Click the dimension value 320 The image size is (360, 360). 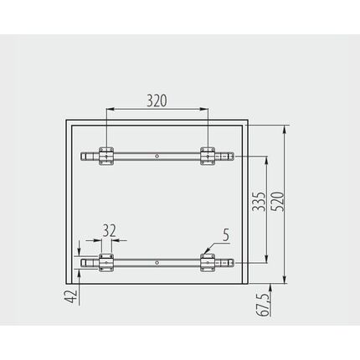coord(157,100)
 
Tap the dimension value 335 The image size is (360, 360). coord(259,201)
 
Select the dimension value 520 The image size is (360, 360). coord(278,201)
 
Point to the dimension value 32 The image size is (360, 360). coord(109,230)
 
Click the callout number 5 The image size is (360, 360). coord(226,235)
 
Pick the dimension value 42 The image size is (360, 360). coord(70,296)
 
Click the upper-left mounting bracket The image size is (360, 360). coord(106,156)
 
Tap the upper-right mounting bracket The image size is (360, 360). coord(208,156)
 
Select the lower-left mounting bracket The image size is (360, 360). coord(106,263)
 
